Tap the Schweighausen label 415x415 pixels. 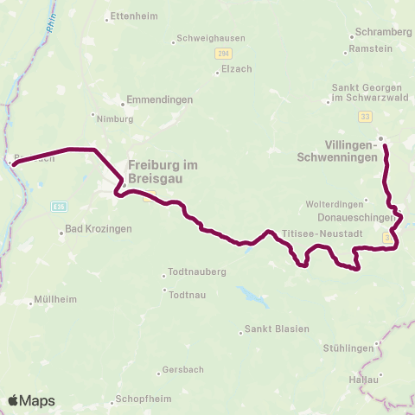tap(210, 38)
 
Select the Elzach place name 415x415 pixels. tap(236, 69)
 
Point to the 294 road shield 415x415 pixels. tap(223, 54)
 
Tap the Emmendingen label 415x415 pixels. tap(159, 100)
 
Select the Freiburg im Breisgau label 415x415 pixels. tap(169, 171)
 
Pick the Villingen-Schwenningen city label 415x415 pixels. tap(349, 152)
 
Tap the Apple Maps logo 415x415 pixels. tap(31, 400)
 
